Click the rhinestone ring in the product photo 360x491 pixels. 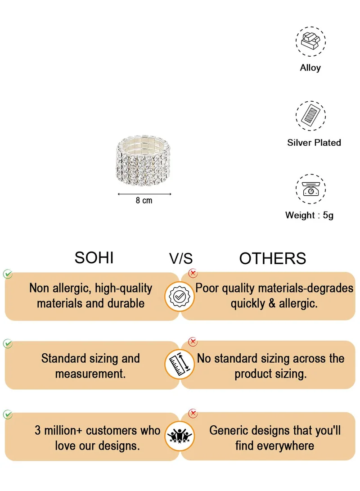tap(144, 161)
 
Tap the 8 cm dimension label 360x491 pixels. tap(144, 200)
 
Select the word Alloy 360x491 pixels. tap(310, 68)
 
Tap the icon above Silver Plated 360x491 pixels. tap(310, 116)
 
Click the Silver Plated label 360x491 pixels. tap(314, 143)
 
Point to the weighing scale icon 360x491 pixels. tap(310, 189)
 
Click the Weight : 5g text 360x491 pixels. tap(309, 216)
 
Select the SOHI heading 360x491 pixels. tap(94, 258)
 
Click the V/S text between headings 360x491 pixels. tap(181, 259)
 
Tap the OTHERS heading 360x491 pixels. tap(273, 259)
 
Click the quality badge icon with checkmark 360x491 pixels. tap(180, 296)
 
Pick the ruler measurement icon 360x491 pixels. tap(180, 364)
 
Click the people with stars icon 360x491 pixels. tap(180, 436)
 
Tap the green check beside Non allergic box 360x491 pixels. tap(8, 274)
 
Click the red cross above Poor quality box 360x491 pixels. tap(193, 273)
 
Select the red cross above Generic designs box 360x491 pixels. tap(193, 413)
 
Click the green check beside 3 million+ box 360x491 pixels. tap(8, 414)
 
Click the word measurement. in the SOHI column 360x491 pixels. tap(90, 374)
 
